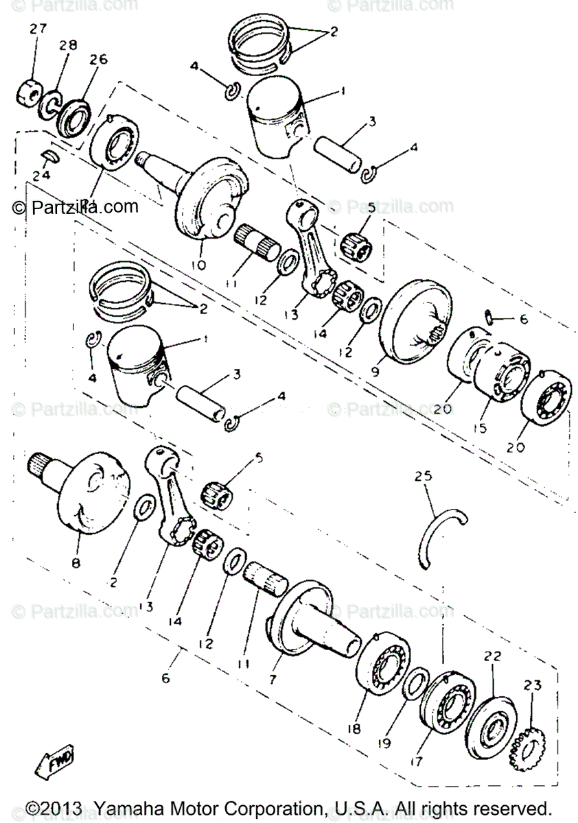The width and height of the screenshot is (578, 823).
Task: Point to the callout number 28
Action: click(x=68, y=46)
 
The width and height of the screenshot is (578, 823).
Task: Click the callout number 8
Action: click(x=76, y=562)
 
